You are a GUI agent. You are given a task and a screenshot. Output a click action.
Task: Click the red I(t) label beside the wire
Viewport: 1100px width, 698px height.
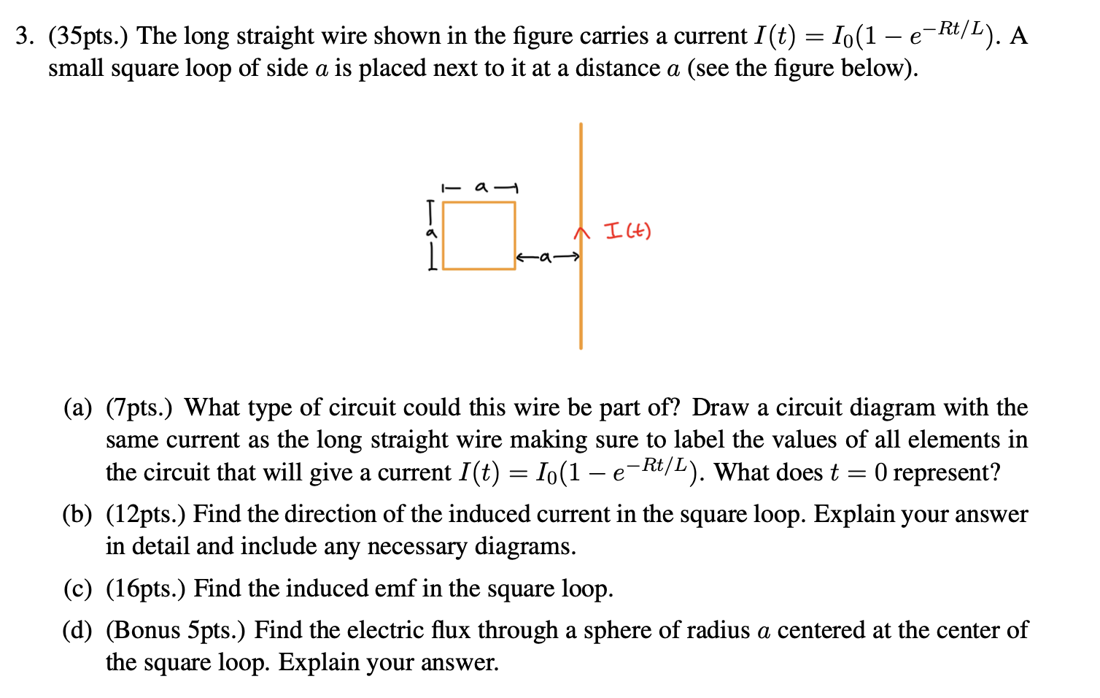coord(628,231)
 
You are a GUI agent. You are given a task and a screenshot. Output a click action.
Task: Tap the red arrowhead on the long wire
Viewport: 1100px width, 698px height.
coord(581,232)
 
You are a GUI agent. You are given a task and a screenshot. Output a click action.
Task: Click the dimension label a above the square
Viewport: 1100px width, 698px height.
coord(481,188)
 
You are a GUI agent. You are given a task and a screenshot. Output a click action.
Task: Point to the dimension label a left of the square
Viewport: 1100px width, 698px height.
coord(431,233)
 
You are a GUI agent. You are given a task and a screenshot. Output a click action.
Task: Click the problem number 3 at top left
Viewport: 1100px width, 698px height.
coord(23,36)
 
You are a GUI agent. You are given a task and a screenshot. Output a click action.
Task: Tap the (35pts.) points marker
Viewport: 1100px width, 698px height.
coord(88,36)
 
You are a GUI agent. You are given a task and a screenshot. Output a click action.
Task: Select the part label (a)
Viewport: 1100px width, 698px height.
coord(78,407)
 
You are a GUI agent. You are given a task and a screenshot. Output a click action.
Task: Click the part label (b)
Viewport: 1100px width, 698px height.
coord(78,515)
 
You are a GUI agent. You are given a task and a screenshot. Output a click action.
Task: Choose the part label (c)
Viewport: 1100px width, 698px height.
coord(78,589)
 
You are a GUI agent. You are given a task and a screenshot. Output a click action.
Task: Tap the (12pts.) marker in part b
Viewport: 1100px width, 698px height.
coord(146,515)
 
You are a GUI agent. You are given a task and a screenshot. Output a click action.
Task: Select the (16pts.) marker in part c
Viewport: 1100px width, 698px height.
coord(146,589)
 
